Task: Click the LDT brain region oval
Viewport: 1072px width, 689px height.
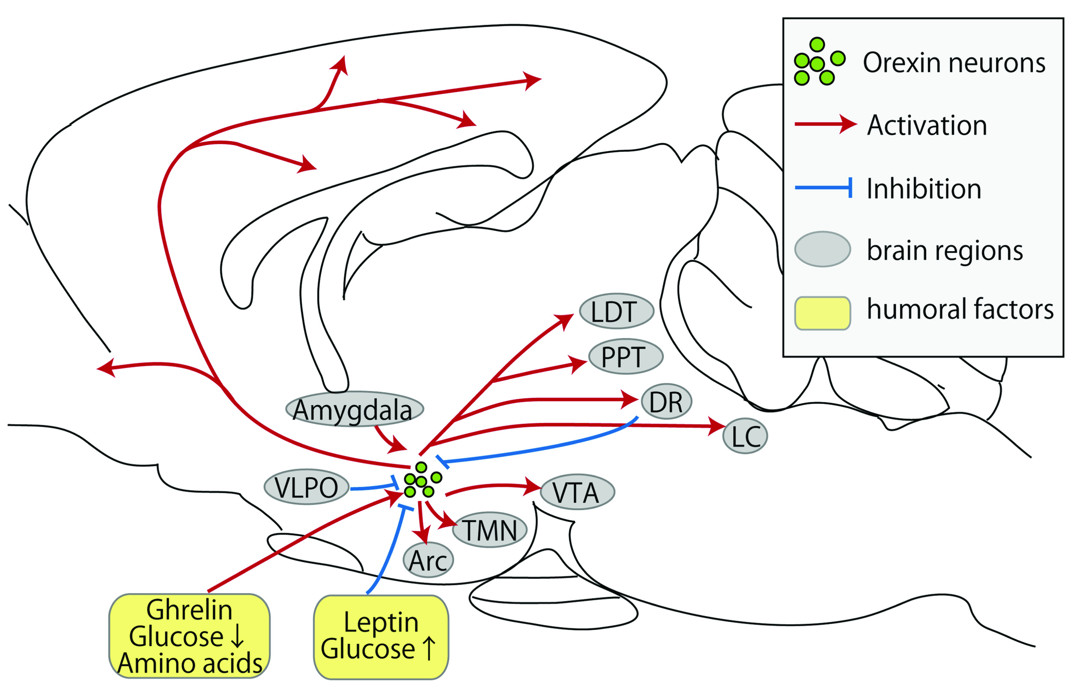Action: pyautogui.click(x=616, y=311)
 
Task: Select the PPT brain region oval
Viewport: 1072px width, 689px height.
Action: pyautogui.click(x=625, y=356)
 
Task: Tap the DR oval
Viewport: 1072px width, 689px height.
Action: pyautogui.click(x=666, y=401)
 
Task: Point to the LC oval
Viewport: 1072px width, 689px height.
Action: pyautogui.click(x=744, y=436)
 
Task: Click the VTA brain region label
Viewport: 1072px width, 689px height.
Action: pyautogui.click(x=576, y=493)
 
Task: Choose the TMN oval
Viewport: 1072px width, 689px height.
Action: pyautogui.click(x=489, y=530)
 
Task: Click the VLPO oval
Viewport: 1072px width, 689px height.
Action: pyautogui.click(x=307, y=487)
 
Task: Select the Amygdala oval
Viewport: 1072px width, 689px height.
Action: pyautogui.click(x=353, y=409)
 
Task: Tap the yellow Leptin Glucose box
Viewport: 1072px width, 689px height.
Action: pyautogui.click(x=380, y=636)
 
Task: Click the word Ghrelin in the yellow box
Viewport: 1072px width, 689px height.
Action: pyautogui.click(x=189, y=610)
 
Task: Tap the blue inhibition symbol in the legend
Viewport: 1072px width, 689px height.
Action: pyautogui.click(x=823, y=188)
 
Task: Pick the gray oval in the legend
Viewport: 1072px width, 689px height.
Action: pyautogui.click(x=822, y=249)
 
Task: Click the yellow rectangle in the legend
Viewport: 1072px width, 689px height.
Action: pyautogui.click(x=822, y=313)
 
